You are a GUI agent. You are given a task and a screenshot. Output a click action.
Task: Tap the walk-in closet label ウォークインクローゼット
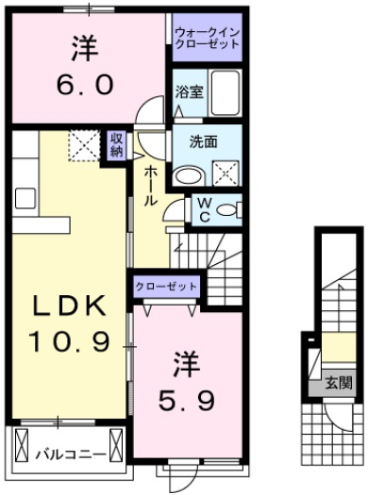point(207,39)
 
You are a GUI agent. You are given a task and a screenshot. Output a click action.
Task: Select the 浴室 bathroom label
point(189,91)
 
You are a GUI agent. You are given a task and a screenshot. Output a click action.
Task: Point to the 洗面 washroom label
point(190,144)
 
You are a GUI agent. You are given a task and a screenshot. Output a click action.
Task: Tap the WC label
point(202,208)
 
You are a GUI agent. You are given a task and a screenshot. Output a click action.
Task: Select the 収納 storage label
point(116,146)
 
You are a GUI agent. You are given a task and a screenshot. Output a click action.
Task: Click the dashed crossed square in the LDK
point(83,147)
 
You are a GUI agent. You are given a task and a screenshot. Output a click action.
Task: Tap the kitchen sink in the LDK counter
point(24,199)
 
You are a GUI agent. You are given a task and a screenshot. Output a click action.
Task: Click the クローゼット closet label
point(166,286)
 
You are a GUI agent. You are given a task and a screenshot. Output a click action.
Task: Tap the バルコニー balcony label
point(70,453)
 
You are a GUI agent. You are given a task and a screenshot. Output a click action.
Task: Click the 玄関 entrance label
point(339,384)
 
